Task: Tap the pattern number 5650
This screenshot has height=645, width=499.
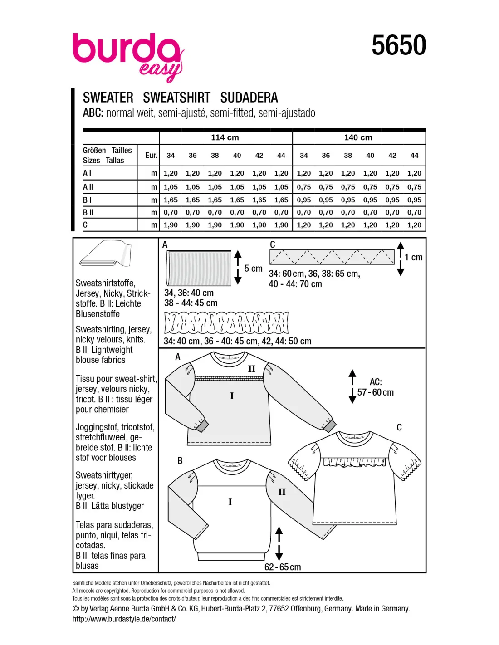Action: coord(398,45)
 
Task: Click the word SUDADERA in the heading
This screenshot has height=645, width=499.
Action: coord(249,98)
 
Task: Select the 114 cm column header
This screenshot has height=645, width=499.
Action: coord(225,137)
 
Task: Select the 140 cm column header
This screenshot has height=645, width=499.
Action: coord(358,137)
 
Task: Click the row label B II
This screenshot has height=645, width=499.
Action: coord(88,212)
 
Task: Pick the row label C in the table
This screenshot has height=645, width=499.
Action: coord(85,225)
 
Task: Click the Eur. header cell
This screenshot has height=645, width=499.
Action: coord(151,156)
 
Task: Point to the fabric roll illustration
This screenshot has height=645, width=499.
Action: coord(106,254)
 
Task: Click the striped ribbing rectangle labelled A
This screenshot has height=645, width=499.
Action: coord(199,268)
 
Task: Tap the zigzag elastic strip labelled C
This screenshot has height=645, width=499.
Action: coord(332,257)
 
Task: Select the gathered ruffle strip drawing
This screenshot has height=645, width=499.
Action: coord(226,322)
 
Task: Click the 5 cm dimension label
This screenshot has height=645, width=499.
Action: coord(253,269)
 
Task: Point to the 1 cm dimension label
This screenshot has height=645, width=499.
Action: coord(413,258)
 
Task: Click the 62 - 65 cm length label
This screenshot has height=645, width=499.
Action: coord(283,567)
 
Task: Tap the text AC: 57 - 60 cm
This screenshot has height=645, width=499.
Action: coord(375,387)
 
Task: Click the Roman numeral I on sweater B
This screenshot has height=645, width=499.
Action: coord(230,502)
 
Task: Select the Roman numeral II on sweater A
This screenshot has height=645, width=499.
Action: coord(252,369)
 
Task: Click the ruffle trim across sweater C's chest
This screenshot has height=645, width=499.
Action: coord(354,462)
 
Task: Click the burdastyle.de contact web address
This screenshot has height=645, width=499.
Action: coord(124,619)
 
